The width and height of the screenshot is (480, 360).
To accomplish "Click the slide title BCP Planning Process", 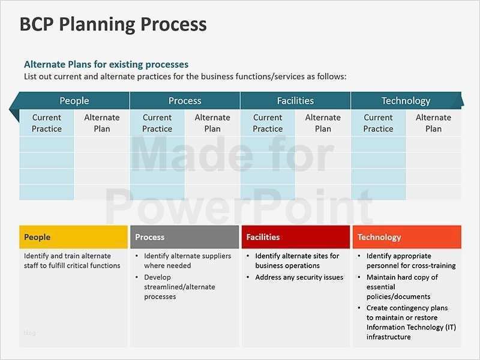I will [x=113, y=25].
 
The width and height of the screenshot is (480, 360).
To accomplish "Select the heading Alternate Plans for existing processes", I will [x=106, y=64].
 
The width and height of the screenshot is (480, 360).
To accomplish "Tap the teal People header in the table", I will [x=74, y=101].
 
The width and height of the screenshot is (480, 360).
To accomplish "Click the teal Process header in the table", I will [x=185, y=101].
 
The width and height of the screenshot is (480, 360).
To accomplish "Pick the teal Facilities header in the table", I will [x=295, y=101].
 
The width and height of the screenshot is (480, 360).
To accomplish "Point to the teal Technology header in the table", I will [x=406, y=101].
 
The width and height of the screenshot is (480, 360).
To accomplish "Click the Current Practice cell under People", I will [x=47, y=123].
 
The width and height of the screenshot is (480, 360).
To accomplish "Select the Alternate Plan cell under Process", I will [x=212, y=123].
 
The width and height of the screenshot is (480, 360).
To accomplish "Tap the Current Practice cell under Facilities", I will [x=268, y=123].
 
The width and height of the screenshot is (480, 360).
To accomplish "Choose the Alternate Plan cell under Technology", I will [x=433, y=123].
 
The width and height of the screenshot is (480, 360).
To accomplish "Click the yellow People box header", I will [x=74, y=237].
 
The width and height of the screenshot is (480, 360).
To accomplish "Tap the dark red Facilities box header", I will [x=295, y=237].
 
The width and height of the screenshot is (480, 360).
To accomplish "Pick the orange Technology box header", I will [x=407, y=237].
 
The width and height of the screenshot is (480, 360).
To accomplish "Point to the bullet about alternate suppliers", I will [x=187, y=260].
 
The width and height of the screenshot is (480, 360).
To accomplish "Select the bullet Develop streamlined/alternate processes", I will [x=179, y=287].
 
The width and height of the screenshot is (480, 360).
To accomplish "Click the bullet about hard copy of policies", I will [x=401, y=287].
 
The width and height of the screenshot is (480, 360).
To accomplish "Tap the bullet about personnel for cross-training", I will [x=410, y=260].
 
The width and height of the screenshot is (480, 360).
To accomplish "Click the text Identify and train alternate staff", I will [x=72, y=260].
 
